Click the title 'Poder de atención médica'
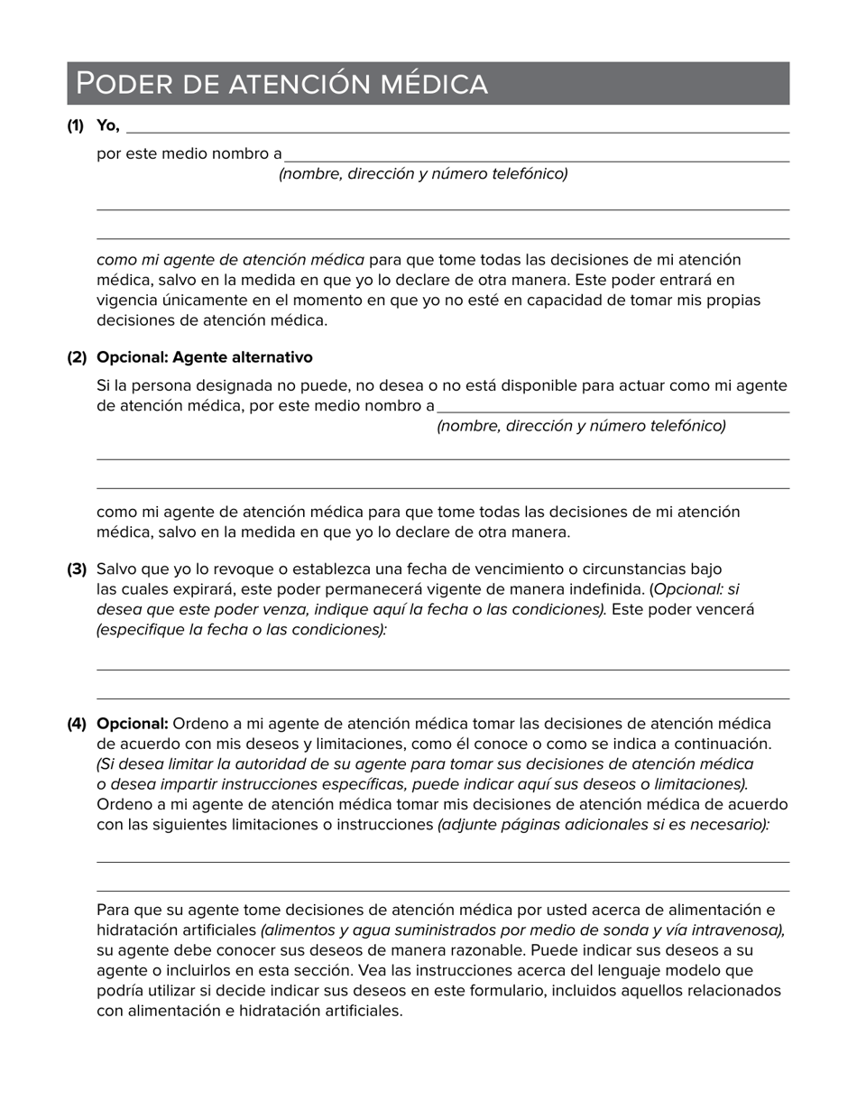(x=281, y=84)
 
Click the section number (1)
(x=75, y=125)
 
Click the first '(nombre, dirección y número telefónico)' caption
(x=423, y=174)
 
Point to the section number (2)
(x=77, y=357)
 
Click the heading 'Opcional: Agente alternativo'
(x=204, y=357)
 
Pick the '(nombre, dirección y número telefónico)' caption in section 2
(x=581, y=426)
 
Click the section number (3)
(x=77, y=569)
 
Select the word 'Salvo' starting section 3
(x=115, y=569)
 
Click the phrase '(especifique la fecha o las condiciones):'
(x=242, y=630)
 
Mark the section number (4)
(x=77, y=724)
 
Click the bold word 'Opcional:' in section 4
(x=133, y=724)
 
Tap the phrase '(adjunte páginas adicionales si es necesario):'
(x=604, y=825)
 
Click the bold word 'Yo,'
(x=108, y=125)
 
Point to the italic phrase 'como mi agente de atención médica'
(x=230, y=260)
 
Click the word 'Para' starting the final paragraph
(x=112, y=910)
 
